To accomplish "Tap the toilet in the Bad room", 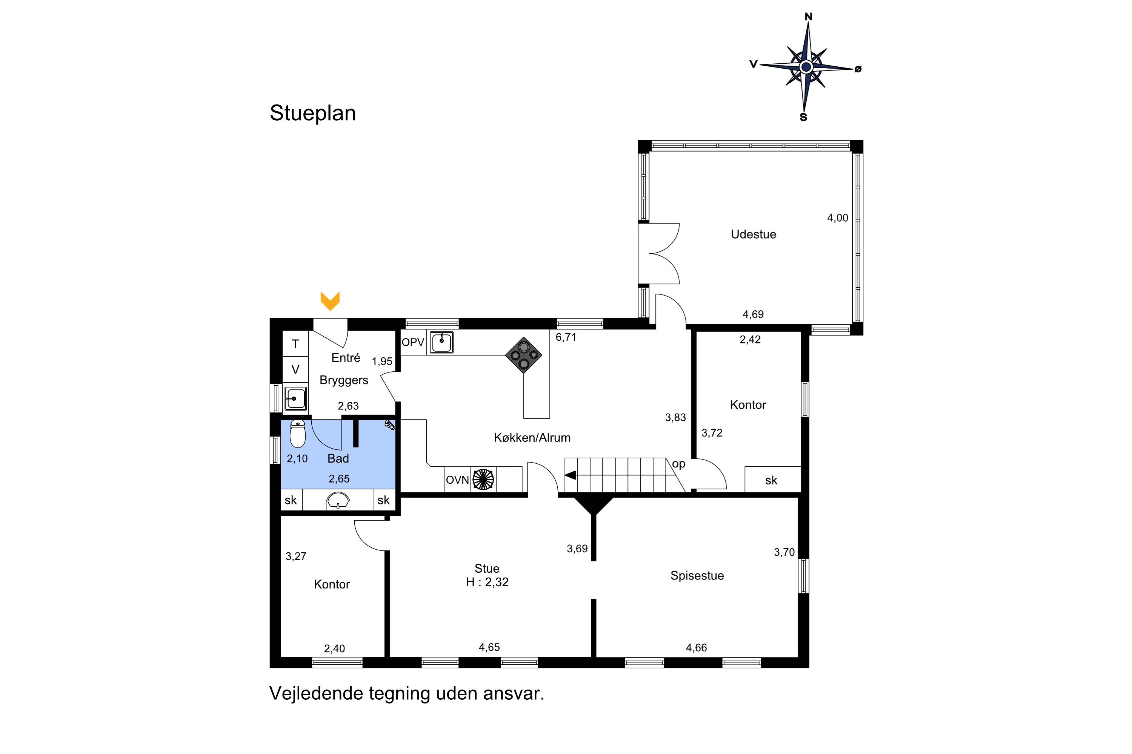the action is coord(298,434).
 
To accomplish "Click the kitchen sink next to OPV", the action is coord(441,343).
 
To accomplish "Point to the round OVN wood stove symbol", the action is coord(483,480).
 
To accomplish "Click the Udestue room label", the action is coord(753,234).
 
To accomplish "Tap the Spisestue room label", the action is coord(697,576).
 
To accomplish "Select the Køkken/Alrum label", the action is coord(532,438).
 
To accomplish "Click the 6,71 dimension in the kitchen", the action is coord(566,337).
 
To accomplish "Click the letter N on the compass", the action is coord(809,17).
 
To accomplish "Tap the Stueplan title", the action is coord(313,113).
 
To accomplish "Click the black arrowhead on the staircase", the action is coord(570,475).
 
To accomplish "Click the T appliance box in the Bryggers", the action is coord(295,343).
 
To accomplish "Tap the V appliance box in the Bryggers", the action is coord(295,369).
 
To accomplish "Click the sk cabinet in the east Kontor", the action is coord(772,480).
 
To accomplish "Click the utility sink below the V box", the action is coord(295,398).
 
